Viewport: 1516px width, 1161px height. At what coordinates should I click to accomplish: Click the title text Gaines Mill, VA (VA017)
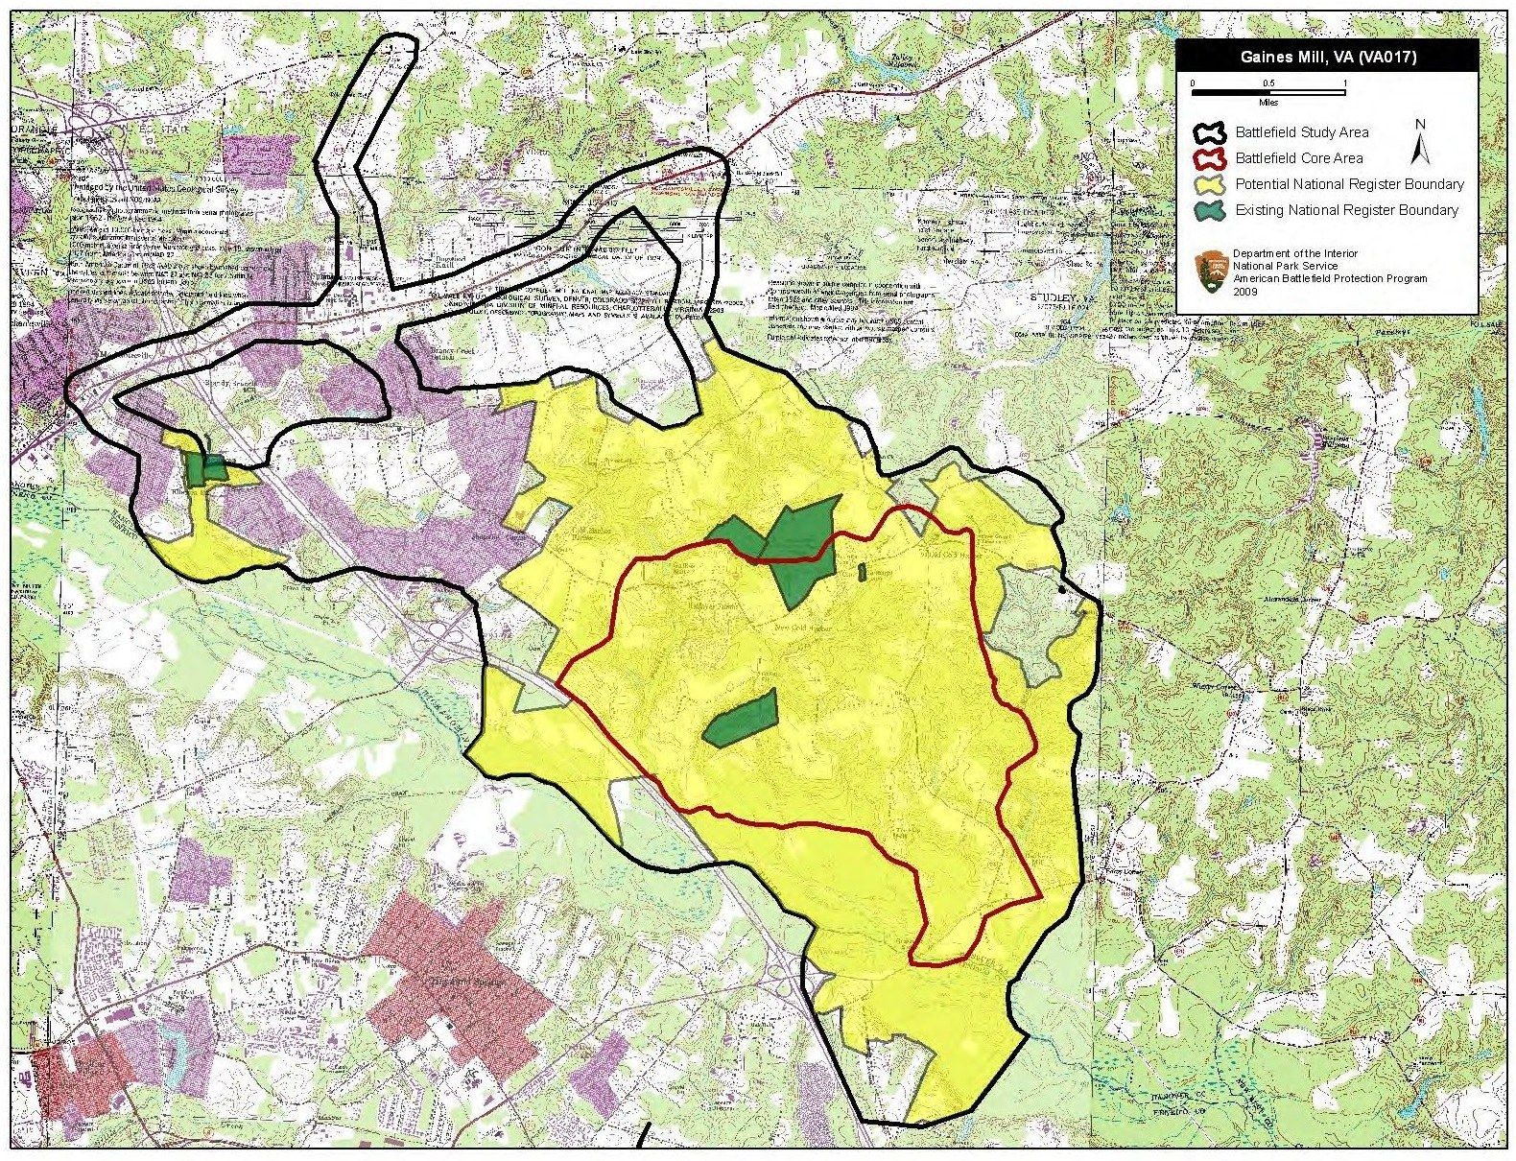click(1328, 57)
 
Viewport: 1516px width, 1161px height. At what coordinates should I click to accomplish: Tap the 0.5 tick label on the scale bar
click(1267, 83)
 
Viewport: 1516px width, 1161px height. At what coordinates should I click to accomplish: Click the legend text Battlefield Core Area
click(1298, 158)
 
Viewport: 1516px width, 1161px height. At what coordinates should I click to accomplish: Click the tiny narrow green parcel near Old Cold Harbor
click(861, 572)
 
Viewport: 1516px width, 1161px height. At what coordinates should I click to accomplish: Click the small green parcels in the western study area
click(205, 468)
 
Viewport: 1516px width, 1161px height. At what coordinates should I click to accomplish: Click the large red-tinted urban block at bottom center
click(451, 969)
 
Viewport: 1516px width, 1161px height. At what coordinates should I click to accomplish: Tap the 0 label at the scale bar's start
click(1193, 83)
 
